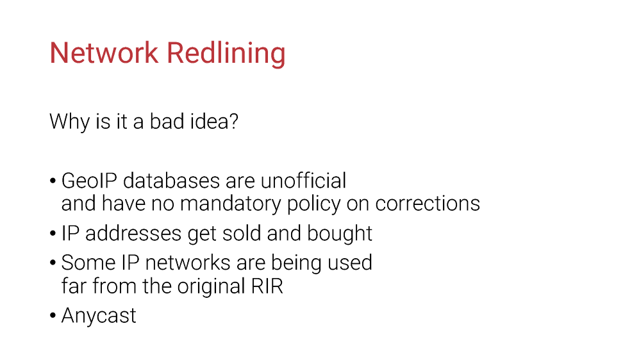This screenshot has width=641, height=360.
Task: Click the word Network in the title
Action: (x=104, y=53)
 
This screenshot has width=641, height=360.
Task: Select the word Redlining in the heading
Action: (x=226, y=54)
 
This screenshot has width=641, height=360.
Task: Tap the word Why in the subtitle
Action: (x=69, y=122)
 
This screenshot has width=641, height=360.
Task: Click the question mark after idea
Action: (x=234, y=121)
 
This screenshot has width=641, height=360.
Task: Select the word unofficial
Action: (x=303, y=181)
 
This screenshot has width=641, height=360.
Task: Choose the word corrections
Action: (x=428, y=204)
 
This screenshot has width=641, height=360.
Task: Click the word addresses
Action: (x=133, y=233)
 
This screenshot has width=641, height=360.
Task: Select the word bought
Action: (x=340, y=233)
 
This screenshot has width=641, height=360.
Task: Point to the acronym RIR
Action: (x=267, y=286)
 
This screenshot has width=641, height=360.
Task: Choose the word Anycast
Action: (x=99, y=315)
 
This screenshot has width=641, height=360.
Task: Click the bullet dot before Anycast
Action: (x=53, y=316)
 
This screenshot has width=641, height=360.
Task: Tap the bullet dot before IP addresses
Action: (x=53, y=234)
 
